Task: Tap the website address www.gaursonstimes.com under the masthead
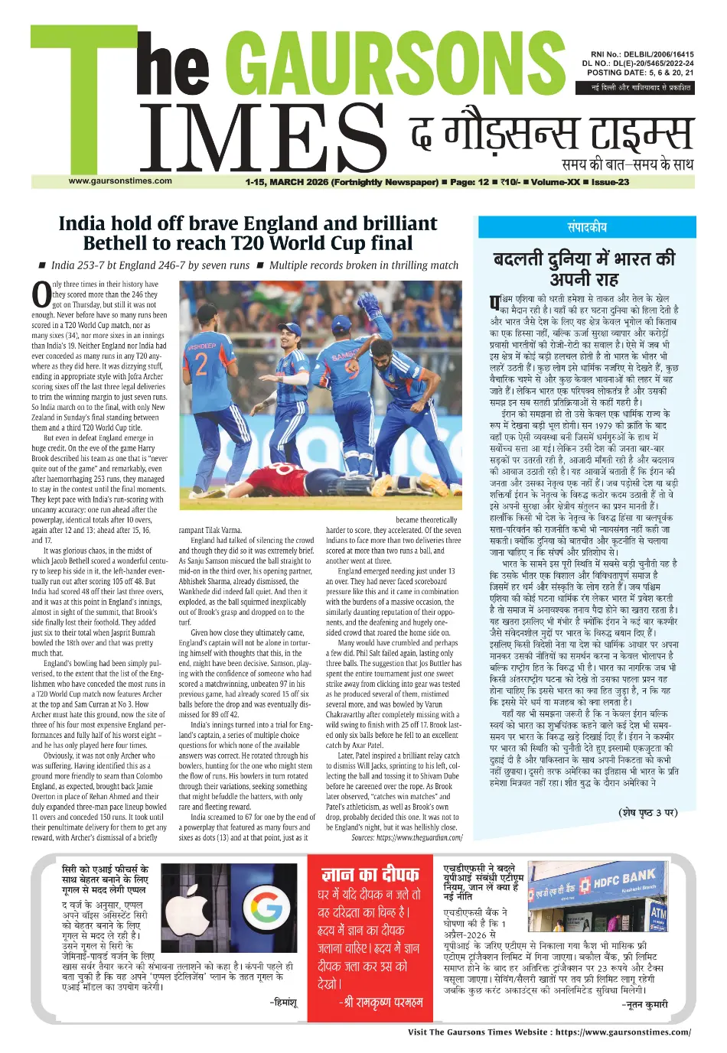coord(120,181)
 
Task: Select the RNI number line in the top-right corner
coord(637,55)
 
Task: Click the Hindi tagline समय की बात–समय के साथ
coord(628,164)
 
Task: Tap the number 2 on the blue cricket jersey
coord(201,365)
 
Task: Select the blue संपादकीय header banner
coord(586,227)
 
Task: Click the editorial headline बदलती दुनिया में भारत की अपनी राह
coord(585,268)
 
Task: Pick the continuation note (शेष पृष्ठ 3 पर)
coord(647,812)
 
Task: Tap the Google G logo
coord(266,907)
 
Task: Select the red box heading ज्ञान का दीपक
coord(370,874)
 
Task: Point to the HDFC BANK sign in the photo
coord(624,879)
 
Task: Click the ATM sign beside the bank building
coord(657,913)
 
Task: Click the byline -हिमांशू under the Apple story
coord(283,1002)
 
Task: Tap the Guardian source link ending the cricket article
coord(407,837)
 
